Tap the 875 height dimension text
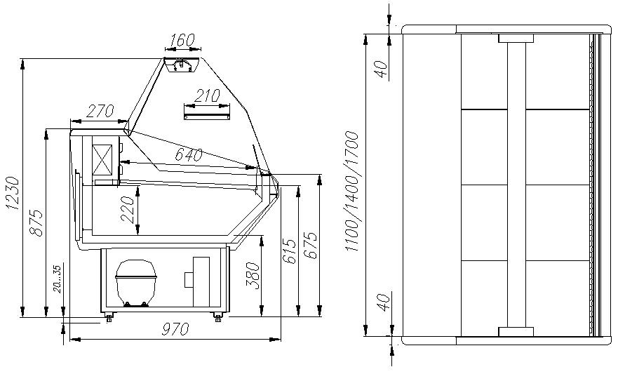click(36, 223)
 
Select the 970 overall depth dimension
click(175, 328)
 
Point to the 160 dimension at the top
click(182, 40)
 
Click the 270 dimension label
click(100, 111)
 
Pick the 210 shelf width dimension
click(207, 95)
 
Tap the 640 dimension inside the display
click(189, 155)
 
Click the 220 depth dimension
click(128, 210)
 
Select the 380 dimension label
click(253, 276)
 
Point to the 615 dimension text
click(289, 251)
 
